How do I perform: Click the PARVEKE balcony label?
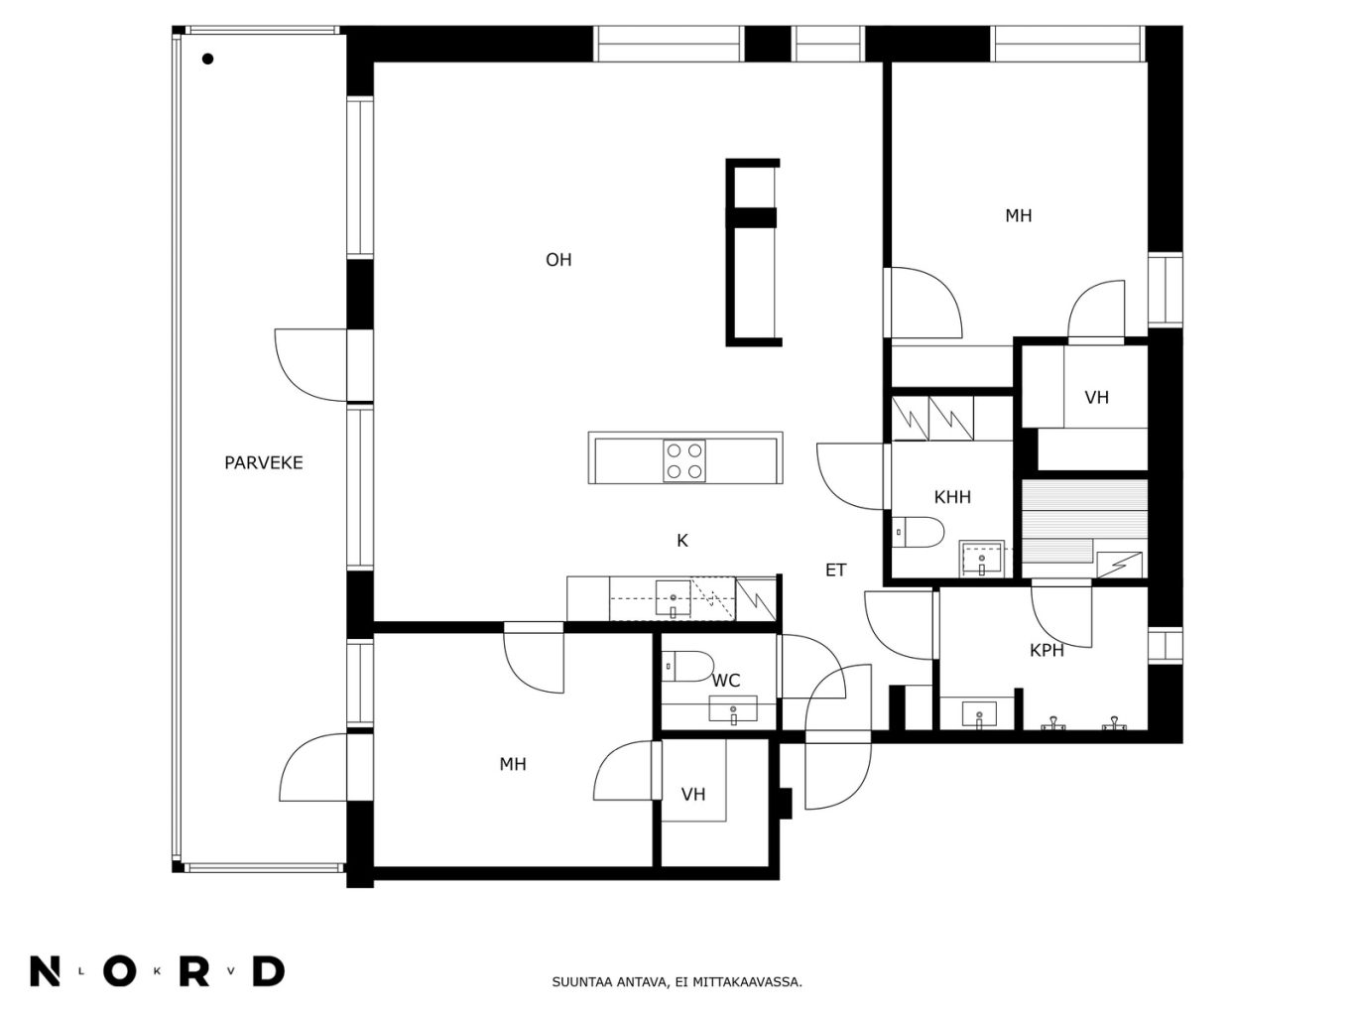coord(264,463)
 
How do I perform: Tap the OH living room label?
coord(558,260)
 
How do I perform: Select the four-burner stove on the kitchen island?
coord(684,460)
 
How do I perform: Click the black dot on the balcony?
coord(208,60)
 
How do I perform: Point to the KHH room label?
coord(952,497)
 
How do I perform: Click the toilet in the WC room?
coord(686,667)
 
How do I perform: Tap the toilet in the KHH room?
coord(918,532)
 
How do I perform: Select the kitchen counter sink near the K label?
coord(673,599)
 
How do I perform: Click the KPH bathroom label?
coord(1047,650)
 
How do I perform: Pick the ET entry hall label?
coord(836,570)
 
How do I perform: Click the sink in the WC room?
coord(733,709)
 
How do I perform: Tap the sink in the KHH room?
coord(981,559)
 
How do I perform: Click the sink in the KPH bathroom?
coord(979,714)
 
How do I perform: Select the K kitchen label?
coord(682,541)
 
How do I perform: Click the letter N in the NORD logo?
coord(45,971)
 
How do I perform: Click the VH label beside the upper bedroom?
coord(1097,398)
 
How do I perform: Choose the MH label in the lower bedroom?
coord(513,764)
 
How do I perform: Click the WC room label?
coord(726,681)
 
